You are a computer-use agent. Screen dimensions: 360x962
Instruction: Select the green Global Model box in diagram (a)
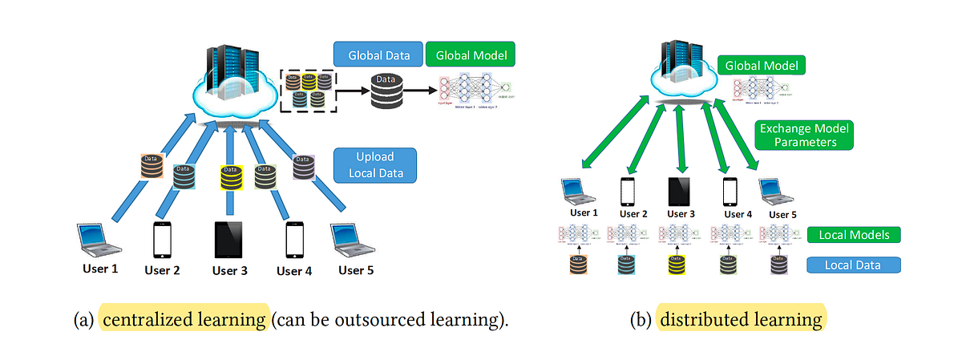(470, 55)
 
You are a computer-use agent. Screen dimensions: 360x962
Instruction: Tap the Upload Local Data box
(374, 164)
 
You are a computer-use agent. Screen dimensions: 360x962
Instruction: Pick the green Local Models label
(853, 236)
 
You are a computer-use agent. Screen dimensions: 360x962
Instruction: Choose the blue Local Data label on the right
(853, 265)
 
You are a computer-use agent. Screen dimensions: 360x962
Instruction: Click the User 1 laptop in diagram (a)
(99, 238)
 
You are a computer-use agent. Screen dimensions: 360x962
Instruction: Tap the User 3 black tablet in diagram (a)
(229, 238)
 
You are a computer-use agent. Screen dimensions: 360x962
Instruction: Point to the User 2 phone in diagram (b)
(628, 191)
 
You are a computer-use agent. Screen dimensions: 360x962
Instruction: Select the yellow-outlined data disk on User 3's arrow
(230, 176)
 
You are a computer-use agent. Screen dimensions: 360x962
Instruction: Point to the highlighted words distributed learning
(740, 320)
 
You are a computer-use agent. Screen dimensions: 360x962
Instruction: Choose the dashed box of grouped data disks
(309, 90)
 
